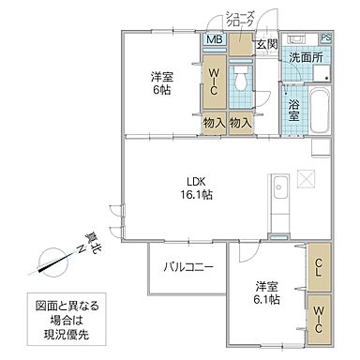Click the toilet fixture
click(241, 80)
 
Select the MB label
click(214, 40)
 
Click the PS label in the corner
click(325, 38)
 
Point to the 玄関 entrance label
click(265, 44)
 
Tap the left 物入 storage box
click(213, 123)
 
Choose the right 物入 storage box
click(241, 123)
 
